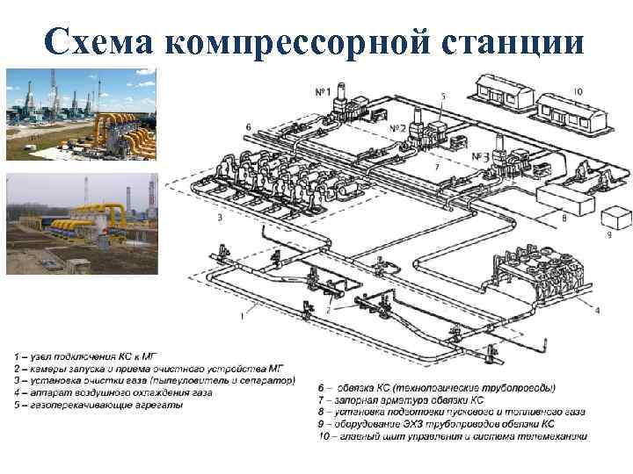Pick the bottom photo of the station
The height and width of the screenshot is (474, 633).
[81, 224]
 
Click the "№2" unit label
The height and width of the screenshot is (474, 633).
[397, 128]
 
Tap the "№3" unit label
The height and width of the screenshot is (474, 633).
[480, 156]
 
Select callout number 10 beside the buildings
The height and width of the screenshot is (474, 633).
[577, 90]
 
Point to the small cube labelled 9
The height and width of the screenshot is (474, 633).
[614, 217]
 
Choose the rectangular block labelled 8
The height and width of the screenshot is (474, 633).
[563, 200]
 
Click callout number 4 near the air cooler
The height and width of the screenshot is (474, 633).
[597, 310]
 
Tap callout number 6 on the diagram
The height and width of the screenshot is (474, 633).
[249, 127]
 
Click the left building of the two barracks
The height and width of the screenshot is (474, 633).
[503, 90]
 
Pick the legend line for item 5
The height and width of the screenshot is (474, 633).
[98, 406]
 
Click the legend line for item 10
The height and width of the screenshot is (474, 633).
[454, 436]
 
